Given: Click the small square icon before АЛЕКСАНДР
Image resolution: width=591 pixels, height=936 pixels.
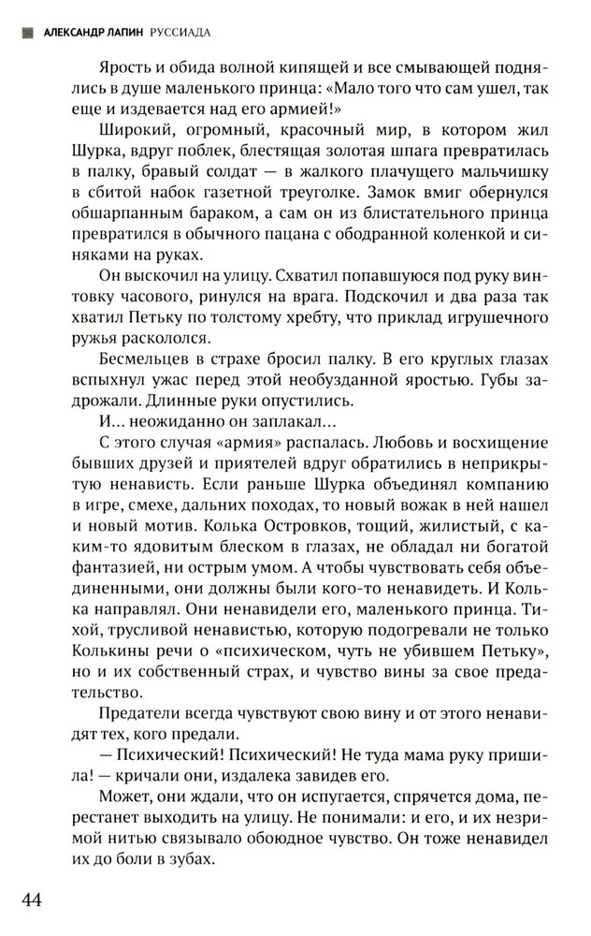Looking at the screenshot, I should (x=26, y=32).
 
